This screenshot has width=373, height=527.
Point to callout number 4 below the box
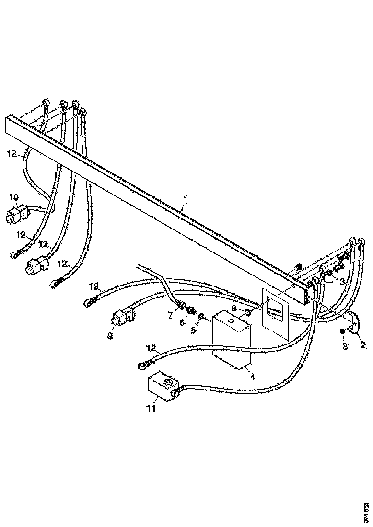pos(252,377)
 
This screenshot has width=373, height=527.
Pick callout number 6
pos(182,323)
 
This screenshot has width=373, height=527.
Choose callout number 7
pos(170,315)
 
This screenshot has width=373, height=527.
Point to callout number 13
pos(340,282)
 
